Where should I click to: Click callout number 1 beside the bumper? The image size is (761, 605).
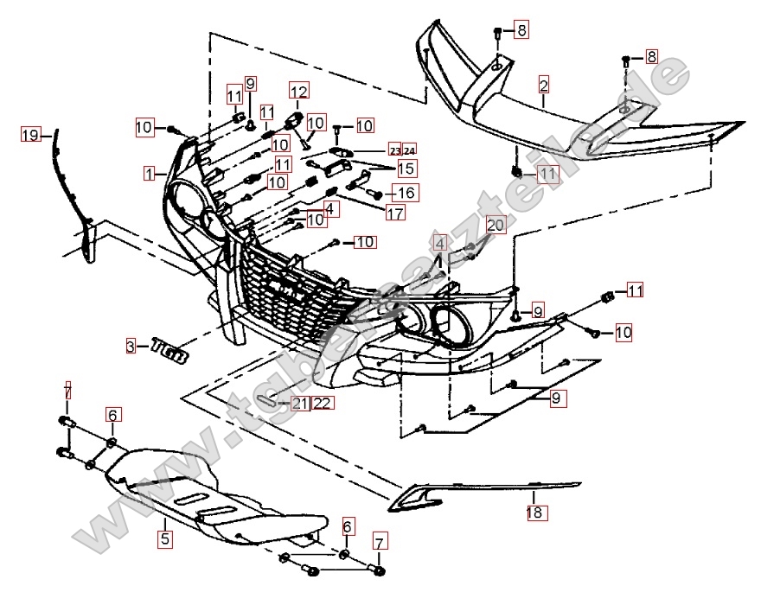(x=150, y=173)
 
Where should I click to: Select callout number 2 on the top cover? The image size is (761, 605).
(x=543, y=85)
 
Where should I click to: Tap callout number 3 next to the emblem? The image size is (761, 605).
(x=131, y=347)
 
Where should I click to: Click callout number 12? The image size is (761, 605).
(x=298, y=91)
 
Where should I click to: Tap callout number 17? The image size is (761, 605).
(x=395, y=212)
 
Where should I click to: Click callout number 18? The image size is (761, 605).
(x=534, y=513)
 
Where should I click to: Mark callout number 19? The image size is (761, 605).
(x=31, y=134)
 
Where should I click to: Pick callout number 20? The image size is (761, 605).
(x=494, y=225)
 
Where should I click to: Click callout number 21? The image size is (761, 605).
(x=300, y=403)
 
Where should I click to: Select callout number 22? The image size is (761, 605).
(x=322, y=403)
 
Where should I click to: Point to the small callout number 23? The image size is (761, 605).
(x=394, y=149)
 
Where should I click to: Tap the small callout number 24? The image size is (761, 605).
(x=409, y=149)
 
